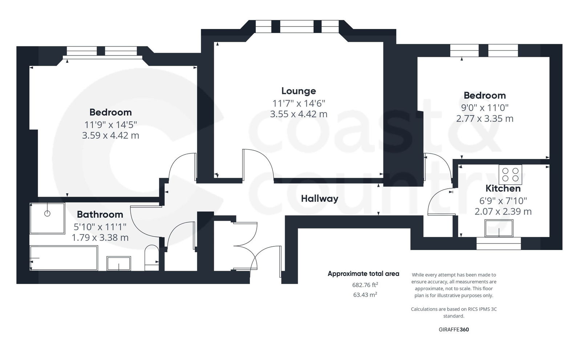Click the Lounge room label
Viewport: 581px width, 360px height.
click(x=298, y=91)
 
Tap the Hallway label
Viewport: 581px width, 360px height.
click(x=320, y=199)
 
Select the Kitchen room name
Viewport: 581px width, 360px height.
click(x=503, y=188)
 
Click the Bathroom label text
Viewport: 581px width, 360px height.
click(x=100, y=214)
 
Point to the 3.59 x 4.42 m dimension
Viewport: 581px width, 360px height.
click(x=110, y=135)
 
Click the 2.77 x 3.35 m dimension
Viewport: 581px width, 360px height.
click(x=484, y=119)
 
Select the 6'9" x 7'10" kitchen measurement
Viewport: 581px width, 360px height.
click(x=503, y=200)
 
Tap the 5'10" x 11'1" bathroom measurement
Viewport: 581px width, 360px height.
click(x=100, y=227)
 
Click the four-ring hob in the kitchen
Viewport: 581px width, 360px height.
click(x=510, y=175)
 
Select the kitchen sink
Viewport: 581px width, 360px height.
click(x=499, y=228)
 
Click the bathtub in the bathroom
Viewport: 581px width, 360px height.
click(x=64, y=258)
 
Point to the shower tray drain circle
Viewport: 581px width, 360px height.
click(x=47, y=213)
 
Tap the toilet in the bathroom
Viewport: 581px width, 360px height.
click(x=151, y=258)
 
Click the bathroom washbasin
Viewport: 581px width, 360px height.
click(x=119, y=263)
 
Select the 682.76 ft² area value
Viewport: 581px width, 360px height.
click(x=365, y=285)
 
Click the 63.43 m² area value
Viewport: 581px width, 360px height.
click(x=365, y=295)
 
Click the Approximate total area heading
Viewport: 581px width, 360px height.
click(x=363, y=274)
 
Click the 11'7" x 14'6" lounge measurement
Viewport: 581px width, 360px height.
click(x=298, y=103)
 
